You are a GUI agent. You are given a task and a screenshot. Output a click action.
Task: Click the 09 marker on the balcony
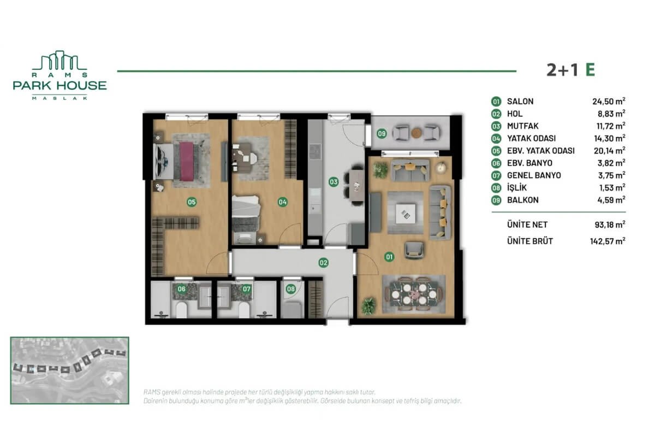(x=382, y=134)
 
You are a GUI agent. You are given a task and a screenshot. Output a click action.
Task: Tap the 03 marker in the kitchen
(x=334, y=182)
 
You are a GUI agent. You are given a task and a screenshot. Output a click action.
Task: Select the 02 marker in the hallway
(x=323, y=263)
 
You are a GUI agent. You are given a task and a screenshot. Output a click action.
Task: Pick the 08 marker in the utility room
(x=291, y=289)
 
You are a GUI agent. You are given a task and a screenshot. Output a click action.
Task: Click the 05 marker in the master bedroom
(x=192, y=202)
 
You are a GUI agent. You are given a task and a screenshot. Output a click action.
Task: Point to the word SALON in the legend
(x=520, y=101)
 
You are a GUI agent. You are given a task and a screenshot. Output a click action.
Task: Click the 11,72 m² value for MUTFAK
(x=611, y=126)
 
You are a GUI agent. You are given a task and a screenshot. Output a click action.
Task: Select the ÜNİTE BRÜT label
(x=530, y=241)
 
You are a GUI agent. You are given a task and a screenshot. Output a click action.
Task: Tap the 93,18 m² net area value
(x=610, y=225)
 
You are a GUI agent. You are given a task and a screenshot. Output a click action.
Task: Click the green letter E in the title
(x=590, y=70)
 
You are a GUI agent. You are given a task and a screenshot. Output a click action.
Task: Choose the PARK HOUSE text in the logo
(x=59, y=86)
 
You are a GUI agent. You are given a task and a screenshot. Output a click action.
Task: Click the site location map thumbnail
(x=70, y=370)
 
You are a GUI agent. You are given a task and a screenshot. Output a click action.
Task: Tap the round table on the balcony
(x=416, y=133)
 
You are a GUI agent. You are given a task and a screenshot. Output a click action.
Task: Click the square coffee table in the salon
(x=406, y=214)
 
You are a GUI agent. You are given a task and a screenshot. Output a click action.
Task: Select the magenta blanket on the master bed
(x=187, y=162)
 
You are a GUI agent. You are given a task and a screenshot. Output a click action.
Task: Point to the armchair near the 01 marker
(x=414, y=250)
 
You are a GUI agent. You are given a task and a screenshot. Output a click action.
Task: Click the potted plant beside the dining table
(x=369, y=306)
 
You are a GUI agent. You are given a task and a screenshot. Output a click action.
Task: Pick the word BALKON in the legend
(x=523, y=200)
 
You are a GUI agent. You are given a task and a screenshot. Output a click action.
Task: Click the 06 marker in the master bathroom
(x=182, y=289)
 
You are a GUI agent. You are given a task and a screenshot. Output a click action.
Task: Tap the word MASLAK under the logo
(x=59, y=98)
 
